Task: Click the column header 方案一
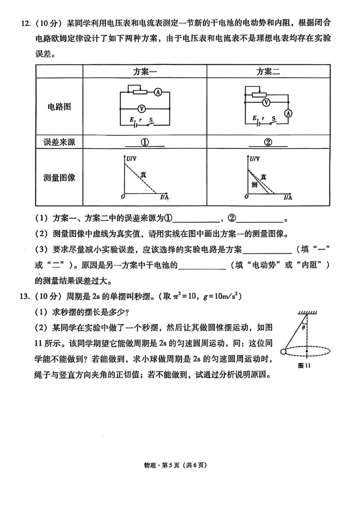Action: [144, 71]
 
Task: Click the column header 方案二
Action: [268, 71]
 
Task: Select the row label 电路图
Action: [59, 107]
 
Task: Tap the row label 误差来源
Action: [59, 142]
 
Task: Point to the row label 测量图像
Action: [59, 177]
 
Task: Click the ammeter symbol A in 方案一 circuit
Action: [158, 92]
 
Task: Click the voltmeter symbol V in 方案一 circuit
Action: [141, 108]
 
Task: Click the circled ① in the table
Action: [145, 142]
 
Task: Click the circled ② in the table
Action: [268, 142]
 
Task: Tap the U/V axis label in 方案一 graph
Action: [131, 159]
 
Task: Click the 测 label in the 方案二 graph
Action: [254, 185]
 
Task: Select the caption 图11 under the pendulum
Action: [305, 366]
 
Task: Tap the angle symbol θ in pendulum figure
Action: [304, 328]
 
